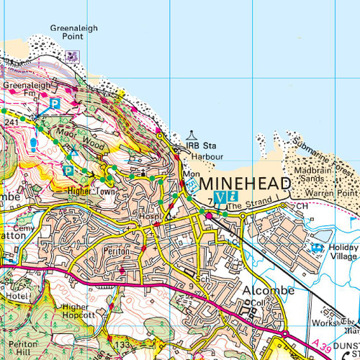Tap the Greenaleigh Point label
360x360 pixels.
[74, 32]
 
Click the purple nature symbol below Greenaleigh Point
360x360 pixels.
[71, 55]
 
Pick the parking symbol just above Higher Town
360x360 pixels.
[68, 171]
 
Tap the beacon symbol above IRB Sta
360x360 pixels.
[192, 135]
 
